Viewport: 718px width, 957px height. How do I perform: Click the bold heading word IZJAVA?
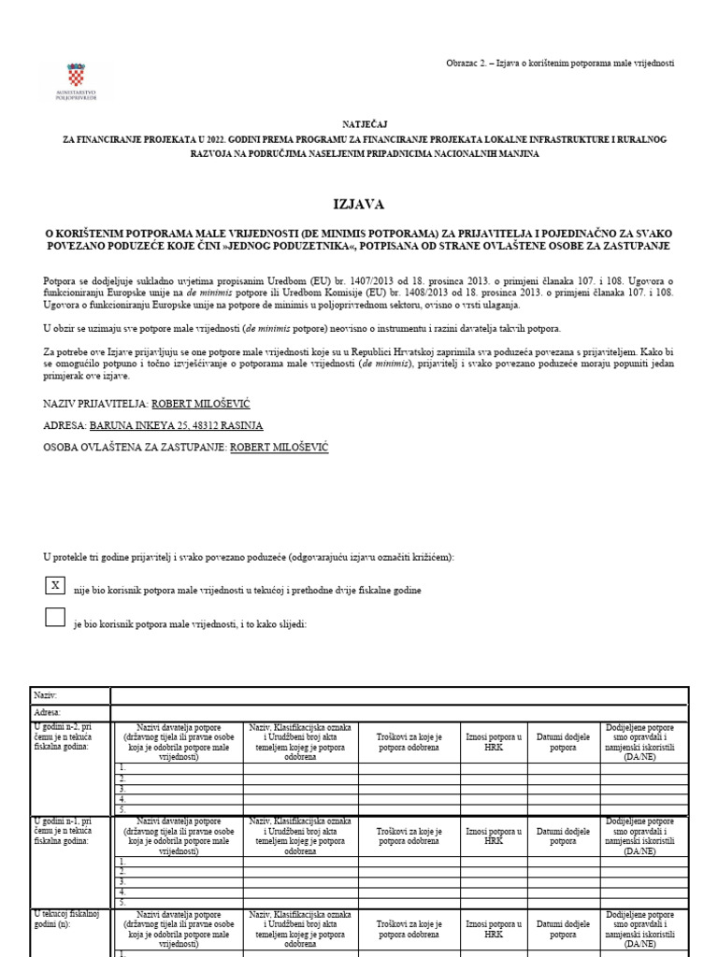(359, 204)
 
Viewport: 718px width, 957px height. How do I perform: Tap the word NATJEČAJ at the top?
(359, 122)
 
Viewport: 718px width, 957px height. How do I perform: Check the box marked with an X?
(55, 585)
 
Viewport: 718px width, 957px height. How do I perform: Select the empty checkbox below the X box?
(55, 617)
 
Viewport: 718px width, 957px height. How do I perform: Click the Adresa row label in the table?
(48, 712)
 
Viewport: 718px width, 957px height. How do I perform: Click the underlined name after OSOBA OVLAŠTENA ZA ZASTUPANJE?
(279, 448)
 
